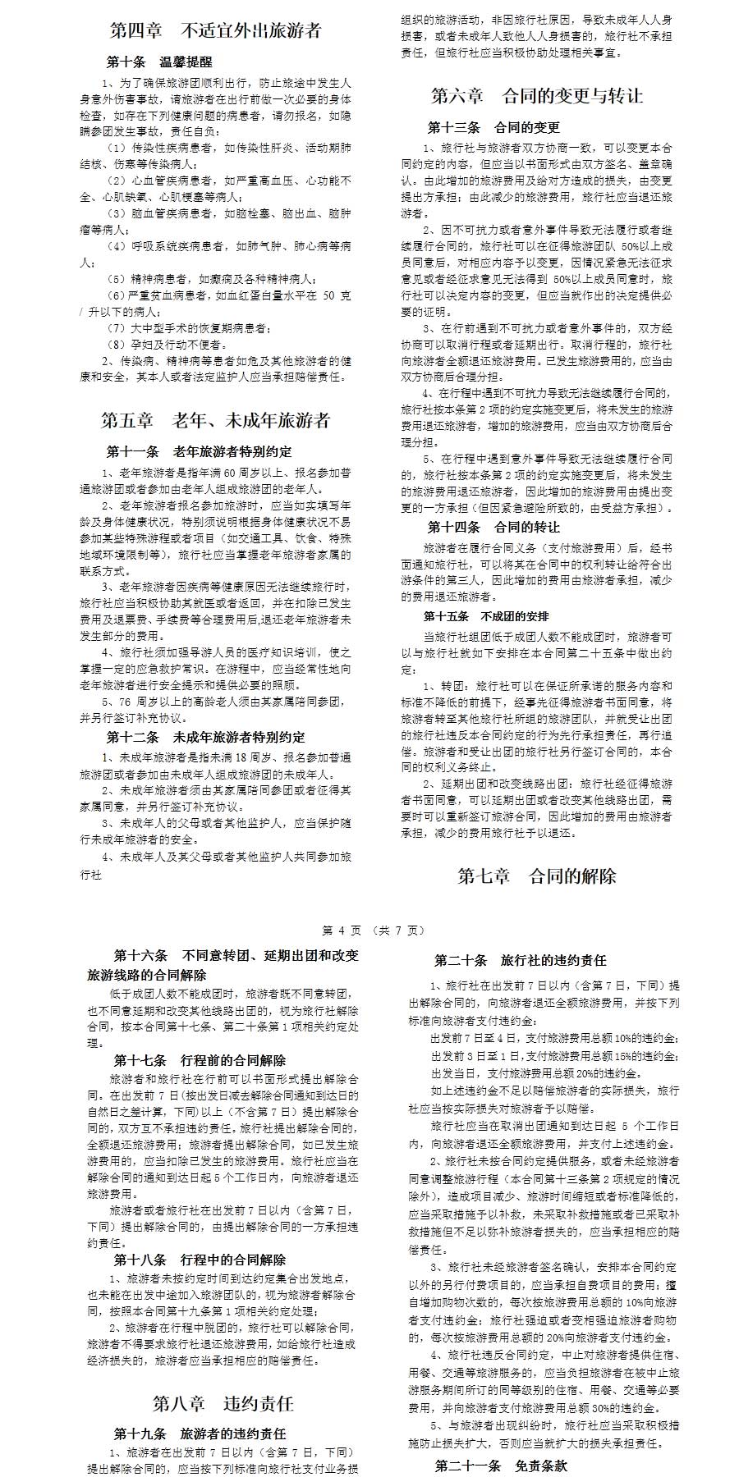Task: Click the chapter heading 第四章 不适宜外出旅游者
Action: click(215, 31)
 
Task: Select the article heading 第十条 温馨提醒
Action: click(159, 62)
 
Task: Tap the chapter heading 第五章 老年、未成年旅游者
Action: click(215, 421)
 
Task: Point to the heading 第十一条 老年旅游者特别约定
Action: click(199, 451)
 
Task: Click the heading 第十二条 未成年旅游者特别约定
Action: click(205, 736)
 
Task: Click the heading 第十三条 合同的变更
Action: click(493, 127)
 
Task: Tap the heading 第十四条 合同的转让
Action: click(493, 527)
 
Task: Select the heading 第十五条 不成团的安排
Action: click(487, 615)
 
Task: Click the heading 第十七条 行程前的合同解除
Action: click(200, 1060)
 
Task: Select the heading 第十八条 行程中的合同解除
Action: click(200, 1260)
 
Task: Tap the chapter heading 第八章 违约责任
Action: click(223, 1402)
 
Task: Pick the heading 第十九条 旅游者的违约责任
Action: click(200, 1434)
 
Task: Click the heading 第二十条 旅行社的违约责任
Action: click(521, 960)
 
